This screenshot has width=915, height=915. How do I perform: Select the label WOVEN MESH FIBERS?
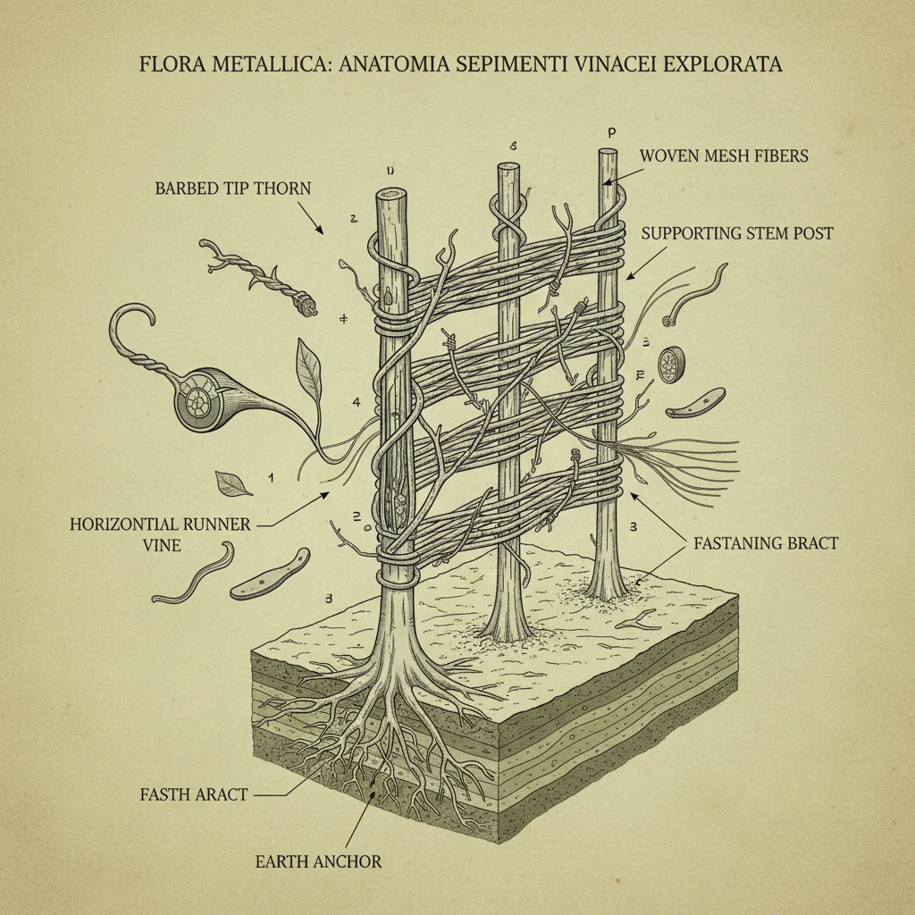click(x=724, y=155)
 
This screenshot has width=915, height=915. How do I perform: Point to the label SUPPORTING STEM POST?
click(x=737, y=233)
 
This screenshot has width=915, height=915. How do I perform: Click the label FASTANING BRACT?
click(x=765, y=541)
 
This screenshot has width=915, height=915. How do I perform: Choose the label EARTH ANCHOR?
click(x=318, y=861)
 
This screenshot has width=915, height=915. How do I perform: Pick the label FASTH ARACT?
click(x=194, y=793)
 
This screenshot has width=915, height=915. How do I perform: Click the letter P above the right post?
click(x=612, y=132)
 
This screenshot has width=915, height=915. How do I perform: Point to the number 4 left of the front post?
click(x=357, y=402)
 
